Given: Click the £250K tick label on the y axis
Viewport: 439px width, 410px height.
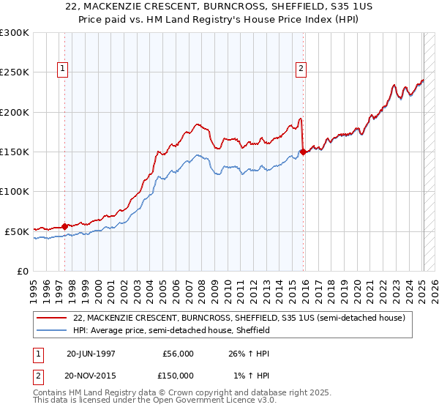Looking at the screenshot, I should tap(15, 72).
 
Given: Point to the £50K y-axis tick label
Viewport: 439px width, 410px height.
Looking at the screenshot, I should tap(17, 231).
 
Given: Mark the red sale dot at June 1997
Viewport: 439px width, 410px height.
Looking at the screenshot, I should tap(65, 226).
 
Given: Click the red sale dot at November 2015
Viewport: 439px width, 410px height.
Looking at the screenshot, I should tap(304, 152).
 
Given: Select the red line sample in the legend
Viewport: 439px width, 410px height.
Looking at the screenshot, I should tap(53, 318).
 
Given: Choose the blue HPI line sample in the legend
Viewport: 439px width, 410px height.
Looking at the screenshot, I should tap(53, 330).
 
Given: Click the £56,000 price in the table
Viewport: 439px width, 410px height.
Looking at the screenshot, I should tap(178, 353).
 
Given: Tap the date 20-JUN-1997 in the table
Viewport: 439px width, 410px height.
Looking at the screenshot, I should tap(91, 353).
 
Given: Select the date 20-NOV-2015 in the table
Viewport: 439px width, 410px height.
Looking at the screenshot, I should tap(91, 375).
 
